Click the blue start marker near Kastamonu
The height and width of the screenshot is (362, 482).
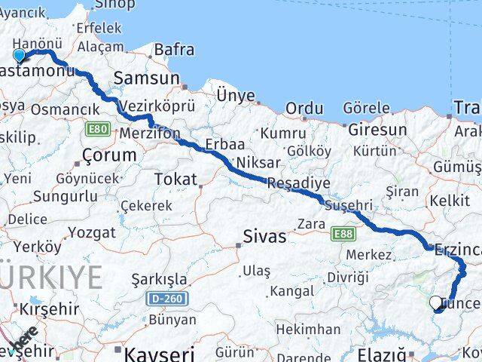tap(19, 55)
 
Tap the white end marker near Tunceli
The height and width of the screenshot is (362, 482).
tap(435, 303)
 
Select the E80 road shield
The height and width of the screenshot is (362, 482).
tap(98, 129)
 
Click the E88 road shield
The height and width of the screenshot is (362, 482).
tap(341, 235)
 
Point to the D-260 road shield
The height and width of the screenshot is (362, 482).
tap(166, 299)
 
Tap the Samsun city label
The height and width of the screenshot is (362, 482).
tap(146, 78)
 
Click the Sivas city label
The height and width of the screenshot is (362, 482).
tap(264, 237)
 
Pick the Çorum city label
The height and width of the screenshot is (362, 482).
tap(109, 155)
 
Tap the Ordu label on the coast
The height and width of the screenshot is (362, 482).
tap(304, 109)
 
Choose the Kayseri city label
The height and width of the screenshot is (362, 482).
tap(158, 353)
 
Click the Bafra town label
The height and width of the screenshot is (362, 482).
tap(173, 51)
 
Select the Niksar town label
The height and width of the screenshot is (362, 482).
tap(258, 162)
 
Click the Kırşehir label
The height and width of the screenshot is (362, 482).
tap(49, 309)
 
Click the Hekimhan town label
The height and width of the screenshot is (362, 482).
tap(307, 330)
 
